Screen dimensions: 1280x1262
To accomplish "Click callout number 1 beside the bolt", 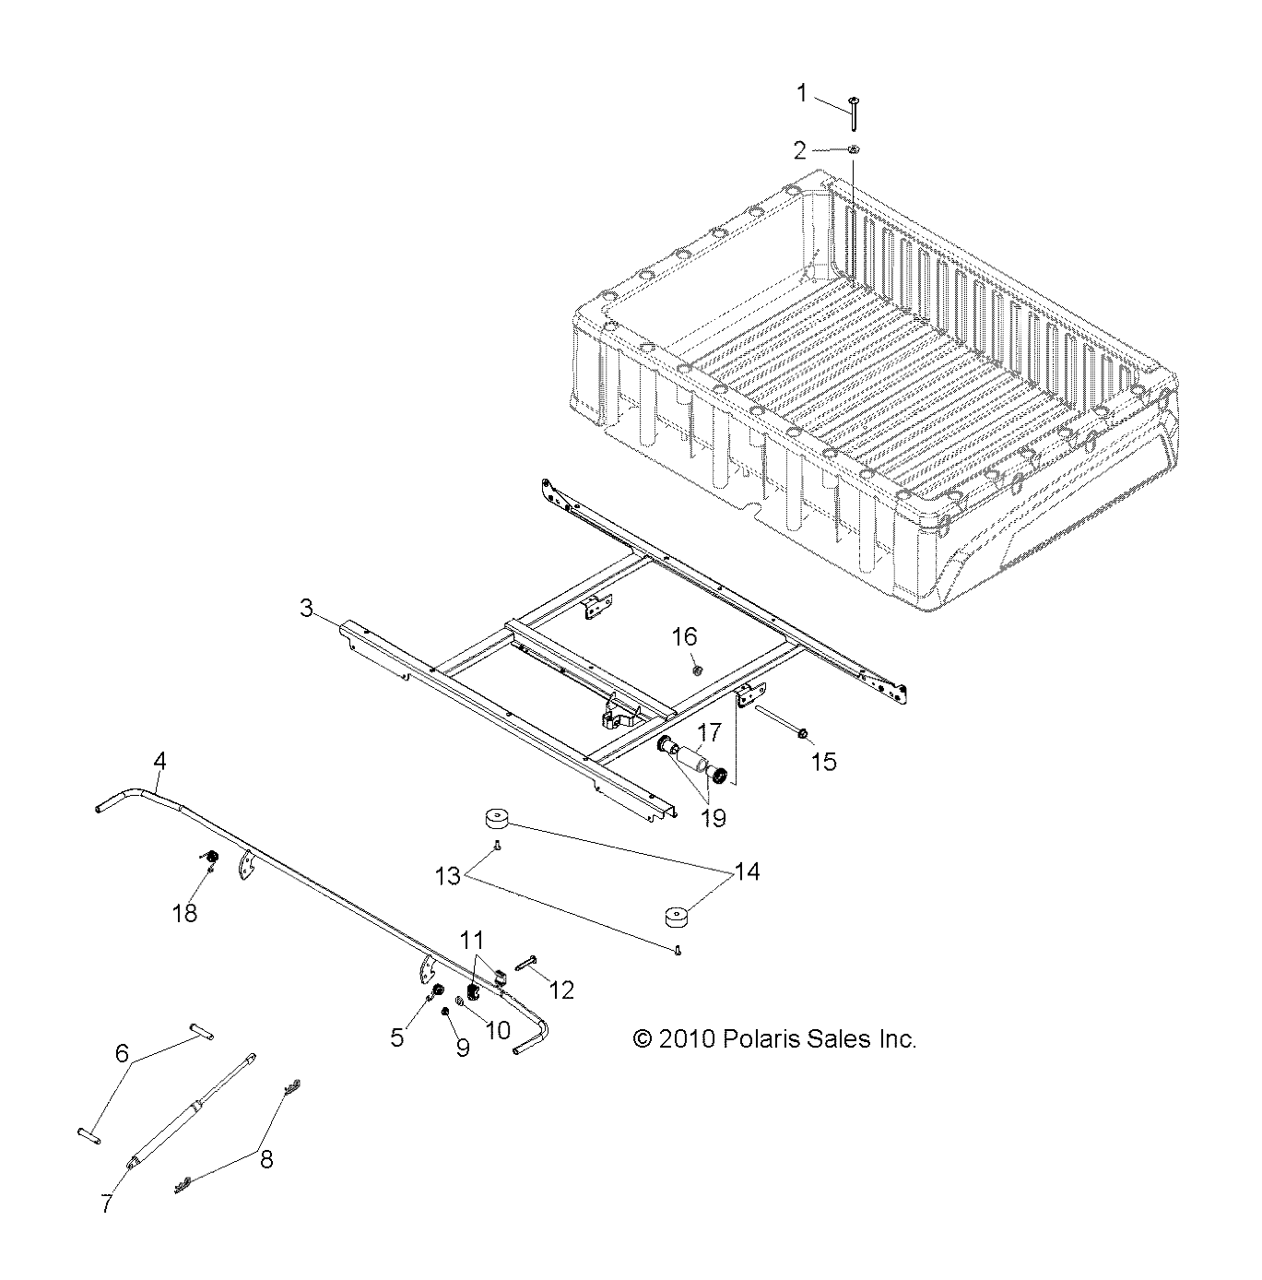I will click(802, 92).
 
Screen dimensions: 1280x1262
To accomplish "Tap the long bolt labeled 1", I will click(855, 116).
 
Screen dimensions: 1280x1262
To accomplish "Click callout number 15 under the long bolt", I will click(824, 761).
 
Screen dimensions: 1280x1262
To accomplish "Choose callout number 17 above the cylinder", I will click(709, 733).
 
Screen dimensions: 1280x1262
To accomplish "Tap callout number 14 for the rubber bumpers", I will click(748, 871).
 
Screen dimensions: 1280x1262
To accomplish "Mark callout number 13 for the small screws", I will click(448, 875).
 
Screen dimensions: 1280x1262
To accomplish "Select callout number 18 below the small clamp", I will click(186, 913).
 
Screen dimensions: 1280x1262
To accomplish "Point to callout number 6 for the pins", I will click(122, 1052).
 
